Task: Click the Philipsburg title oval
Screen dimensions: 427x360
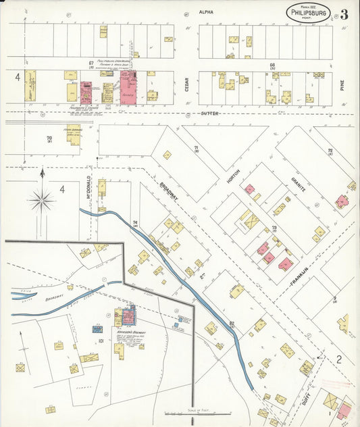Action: (x=308, y=11)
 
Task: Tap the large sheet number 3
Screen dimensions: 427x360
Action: (x=344, y=14)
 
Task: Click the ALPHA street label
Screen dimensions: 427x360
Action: (x=206, y=12)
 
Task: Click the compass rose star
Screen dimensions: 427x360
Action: (x=42, y=199)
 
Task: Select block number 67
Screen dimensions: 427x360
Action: (x=90, y=64)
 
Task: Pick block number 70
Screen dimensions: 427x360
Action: (x=49, y=139)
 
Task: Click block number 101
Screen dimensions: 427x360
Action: (x=100, y=342)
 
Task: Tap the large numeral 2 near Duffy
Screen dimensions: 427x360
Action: (x=340, y=359)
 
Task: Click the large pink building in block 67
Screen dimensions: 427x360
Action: (x=128, y=89)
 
